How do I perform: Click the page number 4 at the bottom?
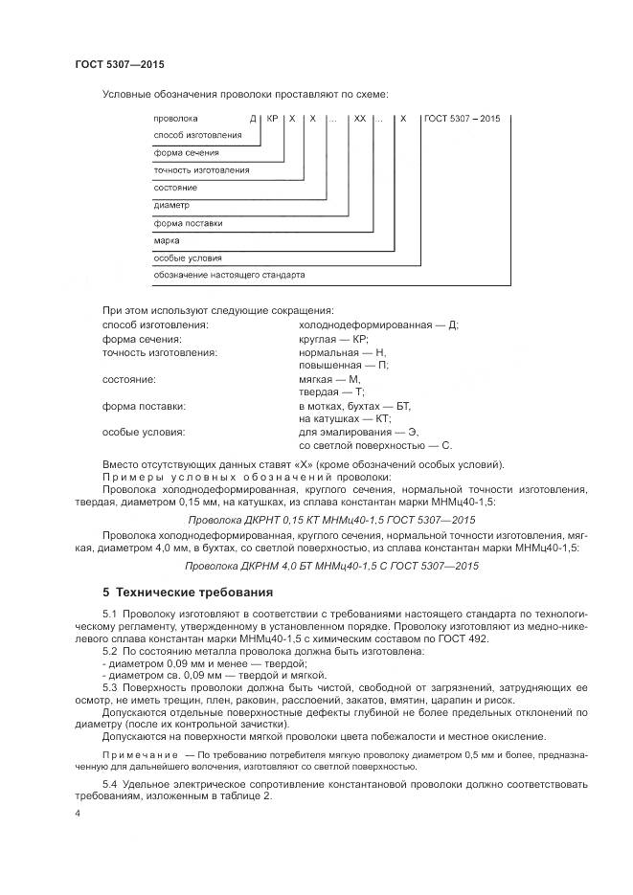[78, 813]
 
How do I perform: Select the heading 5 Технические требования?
[188, 593]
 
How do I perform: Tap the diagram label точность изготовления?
[201, 169]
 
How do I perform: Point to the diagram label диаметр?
[171, 205]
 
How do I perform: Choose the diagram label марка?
[167, 240]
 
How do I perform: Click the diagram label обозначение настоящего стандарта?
[229, 275]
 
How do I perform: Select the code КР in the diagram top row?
[273, 118]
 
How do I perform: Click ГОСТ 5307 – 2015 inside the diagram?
[462, 118]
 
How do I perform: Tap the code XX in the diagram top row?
[359, 118]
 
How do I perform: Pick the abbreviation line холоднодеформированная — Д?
[378, 324]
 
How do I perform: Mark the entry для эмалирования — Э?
[358, 432]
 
